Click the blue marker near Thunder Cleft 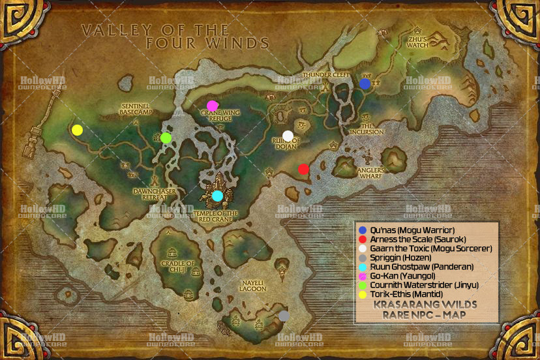coord(365,83)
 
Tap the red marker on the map coord(303,170)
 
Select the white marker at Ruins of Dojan coord(288,136)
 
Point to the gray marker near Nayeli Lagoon coord(284,316)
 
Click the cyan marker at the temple coord(217,196)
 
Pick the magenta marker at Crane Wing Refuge coord(212,106)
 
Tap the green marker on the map coord(166,138)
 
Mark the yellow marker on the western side coord(77,130)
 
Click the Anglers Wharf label coord(370,174)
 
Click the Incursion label coord(367,129)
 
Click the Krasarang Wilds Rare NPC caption coord(426,310)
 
